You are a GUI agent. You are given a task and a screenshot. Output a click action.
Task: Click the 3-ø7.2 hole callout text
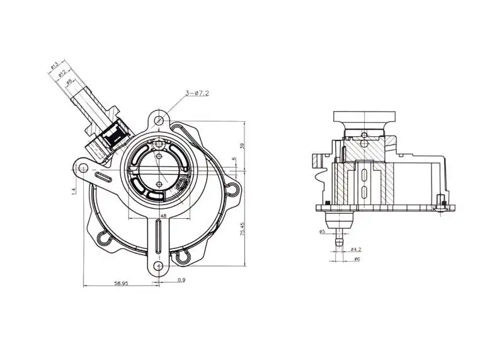tap(197, 93)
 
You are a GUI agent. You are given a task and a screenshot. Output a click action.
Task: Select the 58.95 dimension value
tap(121, 284)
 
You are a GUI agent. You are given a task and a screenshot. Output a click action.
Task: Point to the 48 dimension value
tap(163, 216)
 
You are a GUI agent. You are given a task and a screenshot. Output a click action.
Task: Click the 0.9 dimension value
tap(181, 280)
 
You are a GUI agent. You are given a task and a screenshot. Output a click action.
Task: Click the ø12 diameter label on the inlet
tap(62, 74)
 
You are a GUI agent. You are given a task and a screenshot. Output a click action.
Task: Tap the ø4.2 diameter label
tap(355, 249)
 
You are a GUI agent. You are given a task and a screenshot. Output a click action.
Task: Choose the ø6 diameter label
tap(357, 259)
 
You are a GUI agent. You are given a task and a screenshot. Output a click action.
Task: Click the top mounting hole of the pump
tap(161, 120)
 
